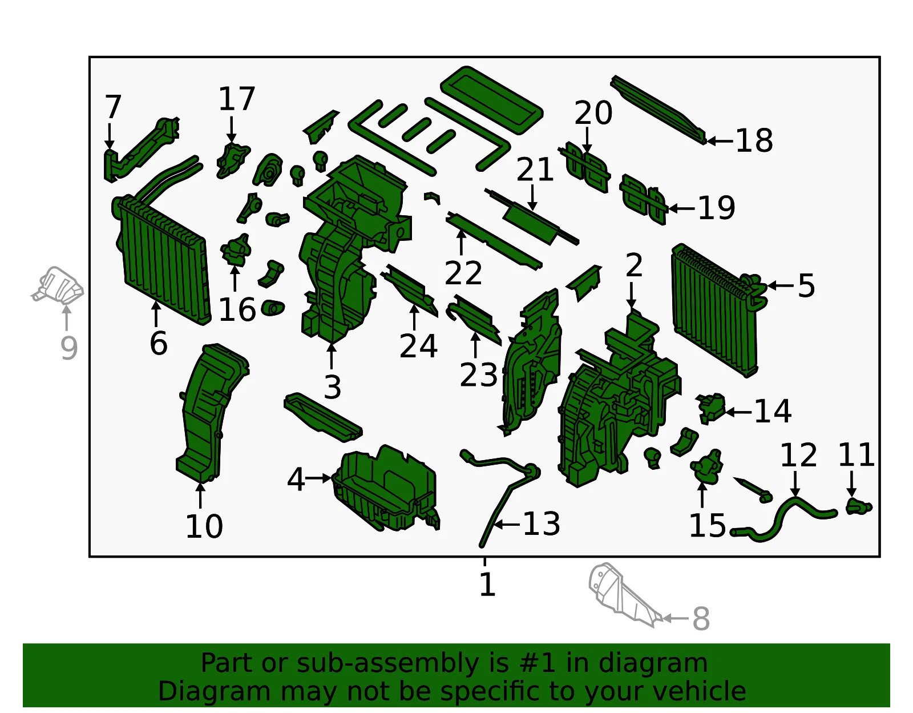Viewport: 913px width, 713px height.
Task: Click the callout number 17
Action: point(237,99)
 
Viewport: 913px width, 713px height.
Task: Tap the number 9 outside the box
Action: point(69,348)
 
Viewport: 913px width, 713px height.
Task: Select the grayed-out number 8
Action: point(701,619)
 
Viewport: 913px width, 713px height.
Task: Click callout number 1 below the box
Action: point(487,584)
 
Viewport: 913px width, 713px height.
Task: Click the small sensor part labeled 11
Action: point(859,507)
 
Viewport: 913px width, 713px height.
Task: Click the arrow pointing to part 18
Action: point(720,141)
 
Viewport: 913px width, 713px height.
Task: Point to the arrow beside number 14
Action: point(738,413)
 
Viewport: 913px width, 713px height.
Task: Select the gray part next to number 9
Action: point(58,285)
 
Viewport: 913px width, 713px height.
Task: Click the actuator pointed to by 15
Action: point(706,467)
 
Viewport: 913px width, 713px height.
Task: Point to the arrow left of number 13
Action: point(507,525)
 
